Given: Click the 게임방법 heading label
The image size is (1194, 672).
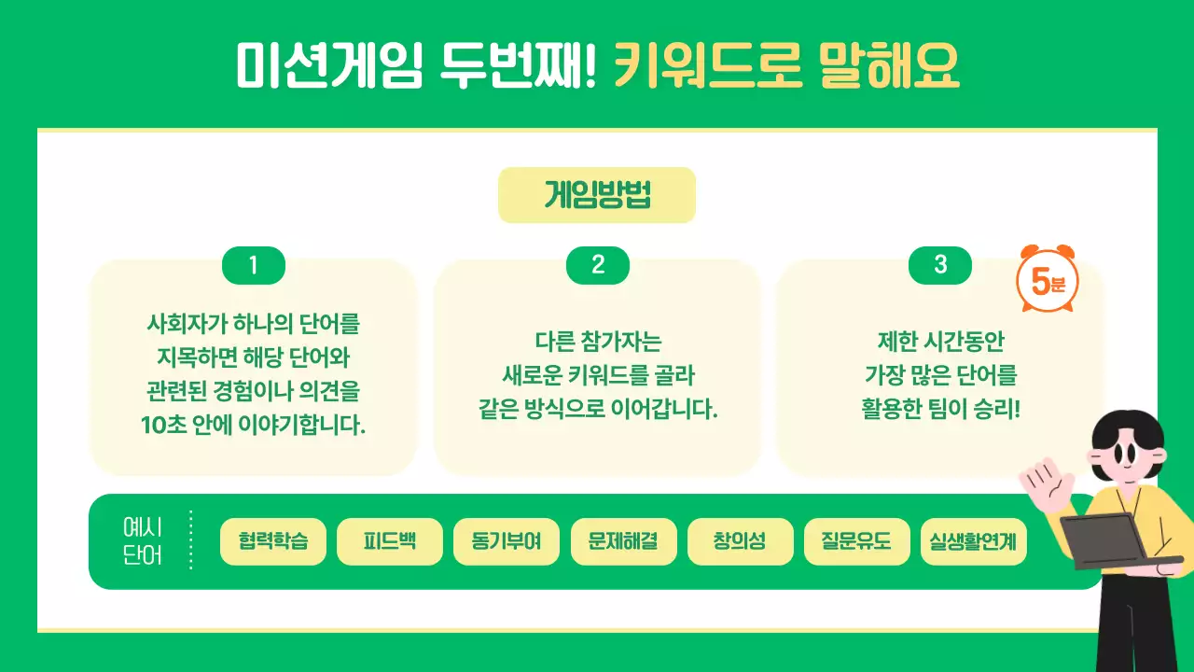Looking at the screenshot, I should click(x=597, y=195).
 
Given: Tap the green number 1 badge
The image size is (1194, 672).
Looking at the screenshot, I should click(x=253, y=266).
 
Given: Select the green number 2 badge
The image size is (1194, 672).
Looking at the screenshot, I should click(x=598, y=266).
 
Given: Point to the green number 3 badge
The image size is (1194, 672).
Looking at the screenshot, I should click(x=940, y=266).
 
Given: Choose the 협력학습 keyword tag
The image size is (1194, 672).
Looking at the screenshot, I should click(x=273, y=541).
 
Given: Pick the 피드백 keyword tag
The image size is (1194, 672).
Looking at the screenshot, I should click(x=390, y=541).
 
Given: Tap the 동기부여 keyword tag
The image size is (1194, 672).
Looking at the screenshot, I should click(x=507, y=541).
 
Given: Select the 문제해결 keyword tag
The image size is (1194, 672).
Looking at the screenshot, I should click(x=623, y=541).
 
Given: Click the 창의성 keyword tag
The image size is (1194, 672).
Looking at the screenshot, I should click(x=740, y=541).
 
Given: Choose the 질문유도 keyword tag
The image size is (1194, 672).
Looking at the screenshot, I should click(x=856, y=541).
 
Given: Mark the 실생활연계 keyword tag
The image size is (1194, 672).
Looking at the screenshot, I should click(x=973, y=541).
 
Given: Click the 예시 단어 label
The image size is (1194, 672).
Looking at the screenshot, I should click(x=143, y=541).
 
